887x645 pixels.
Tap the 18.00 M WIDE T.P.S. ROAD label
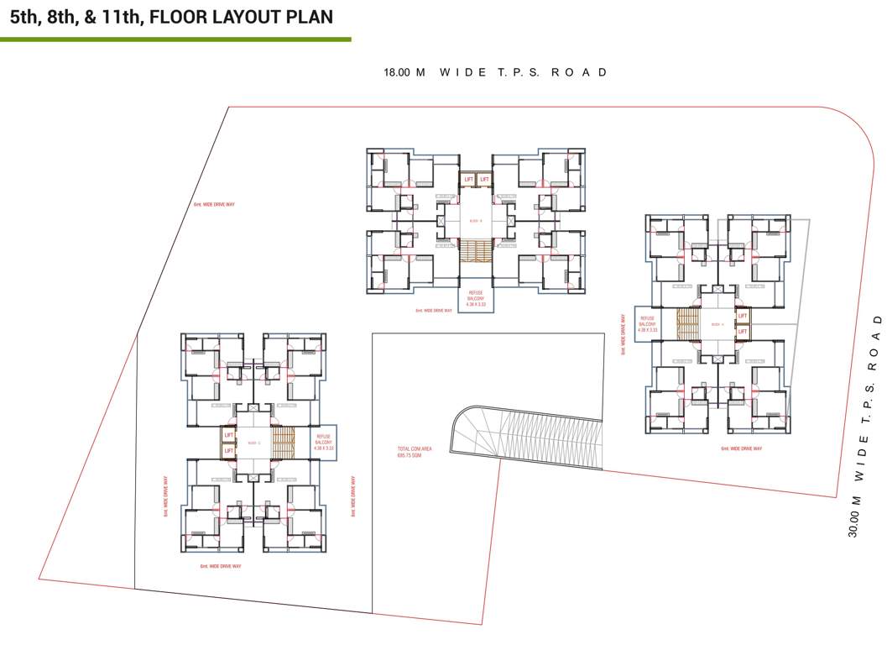pyautogui.click(x=495, y=72)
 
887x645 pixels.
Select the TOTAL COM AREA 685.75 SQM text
pyautogui.click(x=415, y=453)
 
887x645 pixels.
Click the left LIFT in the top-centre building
pyautogui.click(x=468, y=179)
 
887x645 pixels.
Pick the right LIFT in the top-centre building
pyautogui.click(x=484, y=179)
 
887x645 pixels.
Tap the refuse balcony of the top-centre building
pyautogui.click(x=476, y=299)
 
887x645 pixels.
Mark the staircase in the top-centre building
pyautogui.click(x=476, y=251)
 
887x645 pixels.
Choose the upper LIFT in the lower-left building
pyautogui.click(x=228, y=435)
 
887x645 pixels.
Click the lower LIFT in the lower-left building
pyautogui.click(x=228, y=451)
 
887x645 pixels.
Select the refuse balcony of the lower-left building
pyautogui.click(x=324, y=443)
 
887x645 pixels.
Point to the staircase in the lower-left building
pyautogui.click(x=284, y=443)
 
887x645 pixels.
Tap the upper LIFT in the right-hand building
pyautogui.click(x=742, y=316)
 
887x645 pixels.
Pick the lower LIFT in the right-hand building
pyautogui.click(x=742, y=332)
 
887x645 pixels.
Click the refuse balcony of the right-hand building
pyautogui.click(x=647, y=324)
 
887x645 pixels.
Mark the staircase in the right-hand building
pyautogui.click(x=688, y=324)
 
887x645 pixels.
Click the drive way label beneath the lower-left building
pyautogui.click(x=221, y=566)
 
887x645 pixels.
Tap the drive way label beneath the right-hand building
pyautogui.click(x=741, y=448)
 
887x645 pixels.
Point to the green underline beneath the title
pyautogui.click(x=175, y=39)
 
